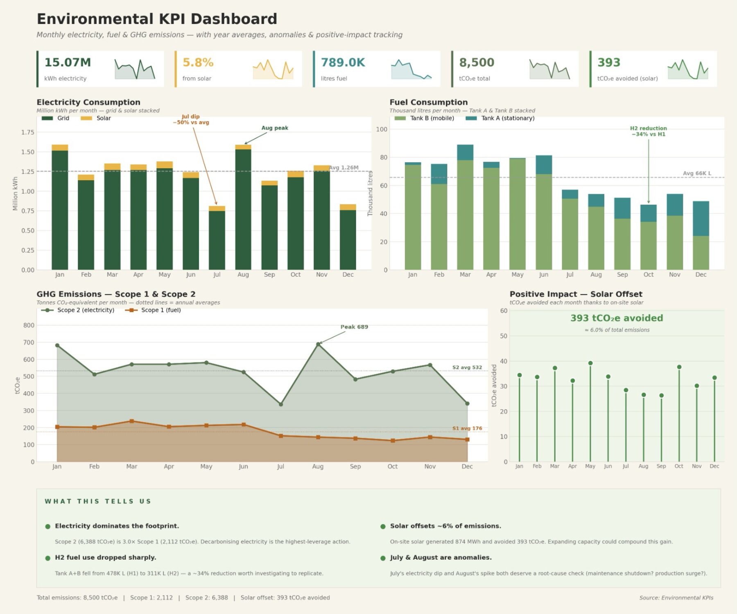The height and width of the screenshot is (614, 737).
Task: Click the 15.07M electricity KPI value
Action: click(x=68, y=63)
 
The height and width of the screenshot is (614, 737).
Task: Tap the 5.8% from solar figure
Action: click(x=198, y=63)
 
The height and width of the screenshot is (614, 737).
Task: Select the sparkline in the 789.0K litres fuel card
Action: click(x=411, y=70)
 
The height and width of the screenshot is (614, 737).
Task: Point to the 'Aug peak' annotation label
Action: click(x=274, y=128)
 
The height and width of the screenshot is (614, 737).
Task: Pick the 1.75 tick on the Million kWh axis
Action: click(x=28, y=132)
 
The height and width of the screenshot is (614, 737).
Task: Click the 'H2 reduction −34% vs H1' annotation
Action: click(x=648, y=131)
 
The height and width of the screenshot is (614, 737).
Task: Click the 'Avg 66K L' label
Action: click(x=696, y=173)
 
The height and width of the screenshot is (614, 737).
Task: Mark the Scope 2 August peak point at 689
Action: click(x=318, y=344)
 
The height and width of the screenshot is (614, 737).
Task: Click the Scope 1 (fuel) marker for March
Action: click(x=131, y=421)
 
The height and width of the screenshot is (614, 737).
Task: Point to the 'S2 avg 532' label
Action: click(x=467, y=367)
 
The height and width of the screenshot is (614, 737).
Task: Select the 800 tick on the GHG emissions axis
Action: click(x=29, y=325)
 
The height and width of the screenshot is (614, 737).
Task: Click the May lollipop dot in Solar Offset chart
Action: click(x=590, y=363)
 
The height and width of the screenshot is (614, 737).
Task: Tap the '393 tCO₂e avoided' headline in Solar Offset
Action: click(x=616, y=318)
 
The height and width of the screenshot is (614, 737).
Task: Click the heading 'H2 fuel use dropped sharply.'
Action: click(x=105, y=557)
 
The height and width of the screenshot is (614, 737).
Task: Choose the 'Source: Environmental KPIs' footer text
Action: click(x=676, y=598)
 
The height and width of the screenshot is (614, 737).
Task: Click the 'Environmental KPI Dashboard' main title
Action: click(x=157, y=19)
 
